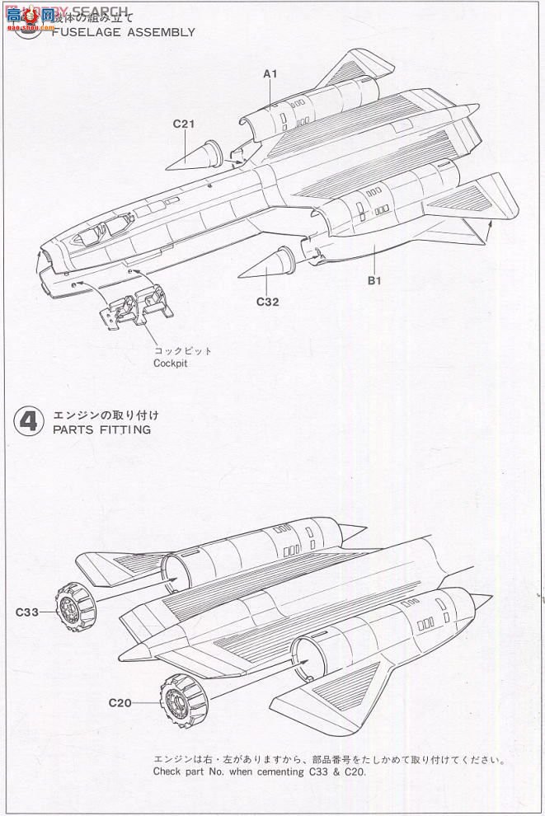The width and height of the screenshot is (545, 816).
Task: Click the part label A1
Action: pos(270,74)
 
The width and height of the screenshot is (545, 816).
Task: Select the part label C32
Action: pos(267,302)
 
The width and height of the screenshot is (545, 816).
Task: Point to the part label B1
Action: pos(374,280)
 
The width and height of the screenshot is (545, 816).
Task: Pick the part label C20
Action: pos(120,702)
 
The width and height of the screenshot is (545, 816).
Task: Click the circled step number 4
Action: pos(28,421)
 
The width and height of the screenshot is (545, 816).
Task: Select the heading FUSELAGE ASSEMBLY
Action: pos(123,32)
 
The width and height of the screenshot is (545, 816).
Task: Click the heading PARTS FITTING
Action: pos(101,429)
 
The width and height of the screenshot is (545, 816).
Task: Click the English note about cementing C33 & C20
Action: pos(258,772)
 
